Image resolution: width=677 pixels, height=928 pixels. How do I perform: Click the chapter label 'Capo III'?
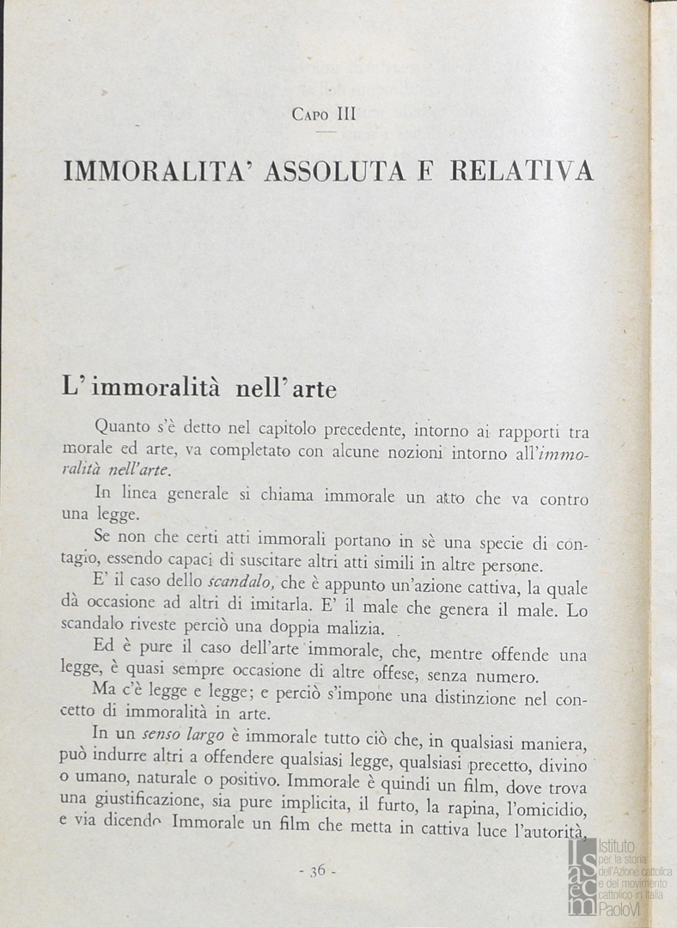[x=323, y=113]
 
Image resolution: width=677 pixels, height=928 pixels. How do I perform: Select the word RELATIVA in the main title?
[x=522, y=170]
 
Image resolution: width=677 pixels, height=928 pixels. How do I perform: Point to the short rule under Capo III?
[x=326, y=131]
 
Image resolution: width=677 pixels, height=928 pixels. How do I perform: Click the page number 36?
[x=317, y=870]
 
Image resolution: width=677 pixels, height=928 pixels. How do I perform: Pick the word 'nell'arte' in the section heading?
[x=286, y=388]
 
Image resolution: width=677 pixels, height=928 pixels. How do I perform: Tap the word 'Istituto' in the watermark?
[x=620, y=846]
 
